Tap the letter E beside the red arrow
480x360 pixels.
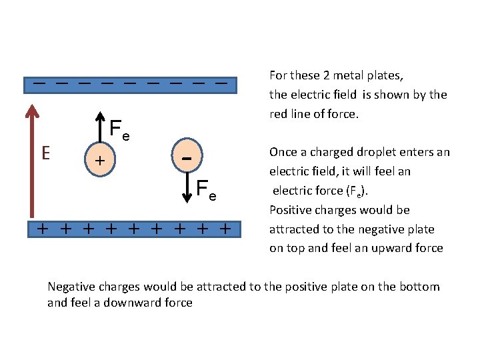point(45,153)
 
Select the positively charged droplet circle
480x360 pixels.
point(100,160)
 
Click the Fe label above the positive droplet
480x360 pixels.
point(119,130)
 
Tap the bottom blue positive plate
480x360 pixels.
point(133,229)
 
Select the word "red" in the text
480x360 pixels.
point(277,113)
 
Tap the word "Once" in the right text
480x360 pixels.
point(282,152)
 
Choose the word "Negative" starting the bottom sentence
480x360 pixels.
point(71,287)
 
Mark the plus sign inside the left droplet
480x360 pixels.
point(99,161)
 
